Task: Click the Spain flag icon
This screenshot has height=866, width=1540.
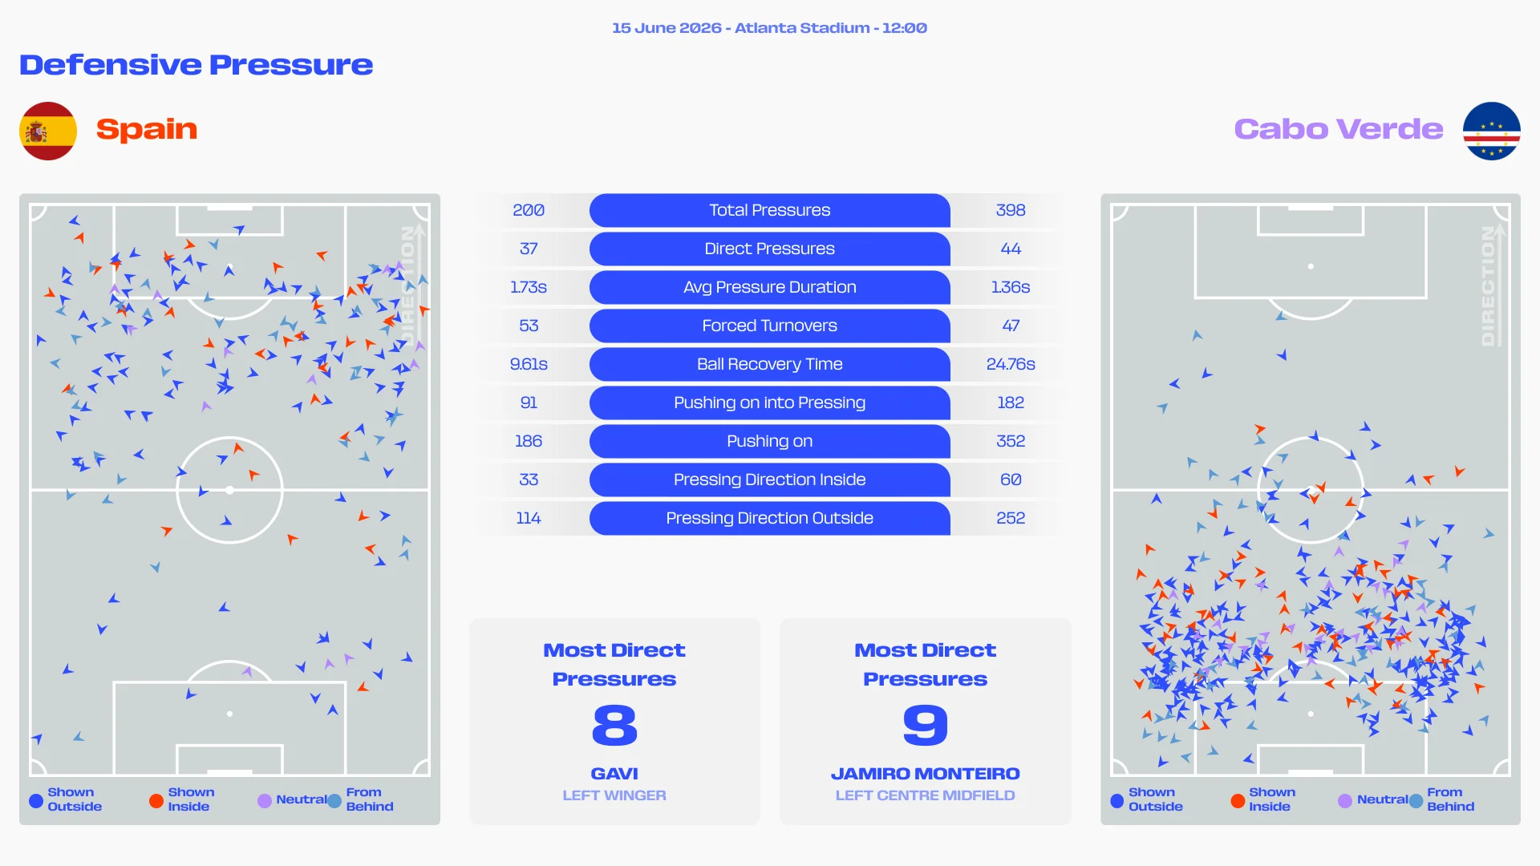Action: tap(48, 131)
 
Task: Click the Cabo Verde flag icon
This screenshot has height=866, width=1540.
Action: tap(1492, 131)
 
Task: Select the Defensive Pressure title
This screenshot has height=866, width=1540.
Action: tap(197, 65)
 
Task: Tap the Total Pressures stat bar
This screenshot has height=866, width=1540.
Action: tap(770, 210)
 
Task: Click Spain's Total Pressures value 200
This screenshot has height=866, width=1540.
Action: tap(529, 210)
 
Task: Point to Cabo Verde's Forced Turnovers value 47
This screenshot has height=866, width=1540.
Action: tap(1011, 326)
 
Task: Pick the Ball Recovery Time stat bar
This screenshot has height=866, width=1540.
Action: tap(770, 364)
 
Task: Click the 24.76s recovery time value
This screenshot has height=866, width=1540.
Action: tap(1011, 364)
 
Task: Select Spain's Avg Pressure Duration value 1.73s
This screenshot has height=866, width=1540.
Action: tap(529, 287)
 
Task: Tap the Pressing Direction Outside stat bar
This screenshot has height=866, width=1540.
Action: tap(770, 518)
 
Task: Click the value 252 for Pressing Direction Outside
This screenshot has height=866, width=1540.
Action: tap(1011, 518)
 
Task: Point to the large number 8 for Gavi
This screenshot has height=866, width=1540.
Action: tap(614, 725)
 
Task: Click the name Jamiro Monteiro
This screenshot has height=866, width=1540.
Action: tap(926, 774)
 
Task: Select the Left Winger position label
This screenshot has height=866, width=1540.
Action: tap(614, 795)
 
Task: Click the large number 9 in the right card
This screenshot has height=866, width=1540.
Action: tap(926, 725)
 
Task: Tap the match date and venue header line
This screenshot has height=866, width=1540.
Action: tap(770, 28)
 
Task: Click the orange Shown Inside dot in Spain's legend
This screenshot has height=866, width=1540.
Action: tap(156, 800)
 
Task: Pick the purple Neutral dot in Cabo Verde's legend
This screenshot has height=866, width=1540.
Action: tap(1345, 800)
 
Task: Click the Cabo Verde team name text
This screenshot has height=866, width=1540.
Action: tap(1339, 129)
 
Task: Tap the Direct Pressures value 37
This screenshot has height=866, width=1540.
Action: tap(529, 249)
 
